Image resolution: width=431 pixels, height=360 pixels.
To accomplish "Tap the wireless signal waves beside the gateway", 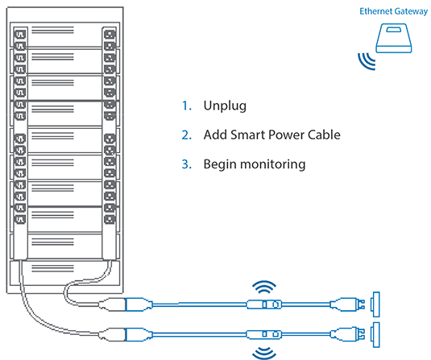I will pyautogui.click(x=367, y=63).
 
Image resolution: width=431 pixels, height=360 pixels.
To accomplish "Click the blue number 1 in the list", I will pyautogui.click(x=186, y=106).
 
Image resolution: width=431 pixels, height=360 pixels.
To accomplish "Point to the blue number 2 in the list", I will pyautogui.click(x=186, y=134).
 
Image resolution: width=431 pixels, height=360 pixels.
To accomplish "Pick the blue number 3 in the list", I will pyautogui.click(x=186, y=163).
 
